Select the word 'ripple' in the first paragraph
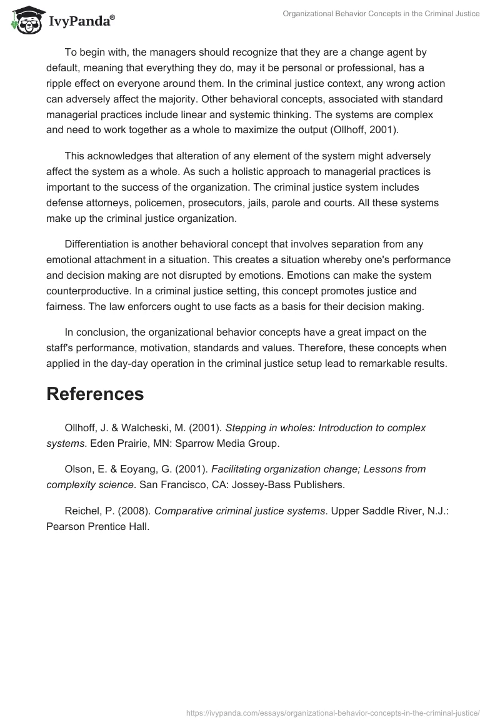click(61, 83)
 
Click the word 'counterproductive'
click(91, 291)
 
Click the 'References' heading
click(95, 394)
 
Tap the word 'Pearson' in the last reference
click(64, 526)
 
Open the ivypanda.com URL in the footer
click(334, 712)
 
